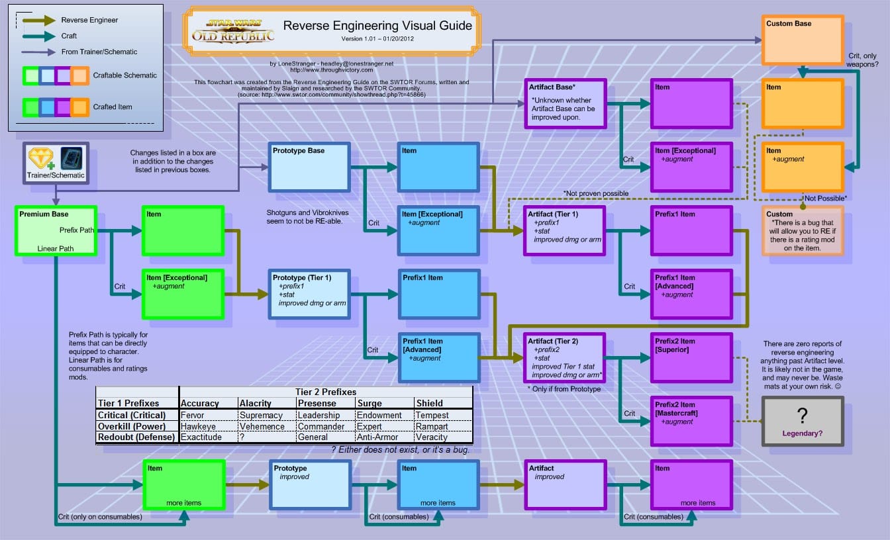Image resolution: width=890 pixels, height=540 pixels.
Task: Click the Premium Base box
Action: point(56,231)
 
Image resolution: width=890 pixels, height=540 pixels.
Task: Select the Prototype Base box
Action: point(309,167)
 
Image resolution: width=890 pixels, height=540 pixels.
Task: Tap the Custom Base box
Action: point(803,40)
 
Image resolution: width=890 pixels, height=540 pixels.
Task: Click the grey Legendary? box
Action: point(803,422)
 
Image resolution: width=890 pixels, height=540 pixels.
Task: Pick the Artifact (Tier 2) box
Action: point(565,358)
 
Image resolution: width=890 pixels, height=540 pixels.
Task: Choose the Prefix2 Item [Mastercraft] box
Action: point(692,422)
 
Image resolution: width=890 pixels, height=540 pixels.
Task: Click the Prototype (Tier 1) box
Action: point(309,294)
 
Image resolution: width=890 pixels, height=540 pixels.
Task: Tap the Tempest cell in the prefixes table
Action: point(432,416)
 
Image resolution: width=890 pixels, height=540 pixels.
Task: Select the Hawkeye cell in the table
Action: point(198,426)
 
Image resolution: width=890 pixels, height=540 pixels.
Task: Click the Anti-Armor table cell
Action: point(377,437)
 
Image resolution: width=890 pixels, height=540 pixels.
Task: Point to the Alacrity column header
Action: point(256,404)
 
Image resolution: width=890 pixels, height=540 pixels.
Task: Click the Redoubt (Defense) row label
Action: point(136,437)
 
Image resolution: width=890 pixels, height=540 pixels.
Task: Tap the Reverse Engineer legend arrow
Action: point(39,21)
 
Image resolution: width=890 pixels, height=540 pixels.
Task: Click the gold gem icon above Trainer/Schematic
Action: point(40,158)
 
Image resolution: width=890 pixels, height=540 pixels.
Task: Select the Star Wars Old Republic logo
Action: point(233,31)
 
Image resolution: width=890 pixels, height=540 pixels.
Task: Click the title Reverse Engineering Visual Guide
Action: point(377,26)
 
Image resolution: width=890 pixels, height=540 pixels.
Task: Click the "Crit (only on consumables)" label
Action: point(100,517)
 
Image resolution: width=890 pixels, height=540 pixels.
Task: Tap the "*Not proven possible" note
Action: point(595,193)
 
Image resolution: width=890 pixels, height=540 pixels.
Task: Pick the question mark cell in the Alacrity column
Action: point(242,437)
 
